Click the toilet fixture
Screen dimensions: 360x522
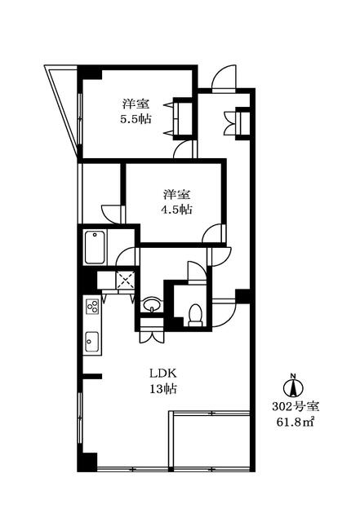195,314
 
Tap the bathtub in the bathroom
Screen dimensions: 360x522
95,246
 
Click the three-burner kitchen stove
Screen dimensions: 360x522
93,306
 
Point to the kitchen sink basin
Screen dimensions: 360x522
92,341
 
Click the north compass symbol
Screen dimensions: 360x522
293,386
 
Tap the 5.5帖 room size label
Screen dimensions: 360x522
136,119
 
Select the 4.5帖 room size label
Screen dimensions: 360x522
176,209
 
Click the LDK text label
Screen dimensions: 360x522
162,374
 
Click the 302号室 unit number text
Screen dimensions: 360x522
296,406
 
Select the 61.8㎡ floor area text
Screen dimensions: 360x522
296,422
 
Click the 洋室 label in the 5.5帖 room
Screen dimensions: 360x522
136,104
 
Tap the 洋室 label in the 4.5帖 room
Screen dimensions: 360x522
176,194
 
